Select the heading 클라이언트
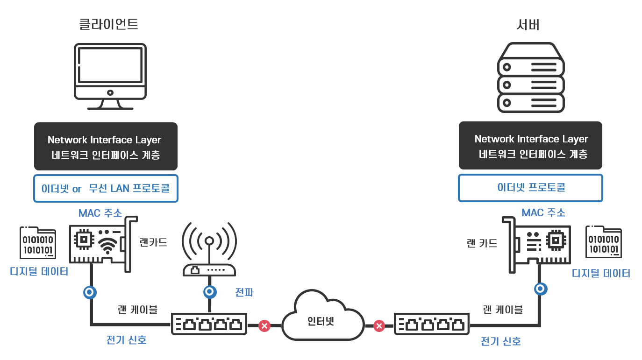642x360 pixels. click(x=108, y=24)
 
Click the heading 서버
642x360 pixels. click(x=528, y=25)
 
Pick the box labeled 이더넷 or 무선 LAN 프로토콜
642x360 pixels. click(x=106, y=189)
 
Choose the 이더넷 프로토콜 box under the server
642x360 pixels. click(x=530, y=188)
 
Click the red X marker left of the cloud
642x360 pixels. click(x=264, y=325)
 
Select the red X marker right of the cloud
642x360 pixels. click(x=379, y=325)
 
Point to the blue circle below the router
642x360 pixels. click(x=209, y=292)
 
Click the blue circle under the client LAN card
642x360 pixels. click(x=90, y=293)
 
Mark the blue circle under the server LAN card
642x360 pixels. click(x=541, y=289)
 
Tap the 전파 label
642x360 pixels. click(x=245, y=293)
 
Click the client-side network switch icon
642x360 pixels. click(x=209, y=324)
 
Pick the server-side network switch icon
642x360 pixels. click(x=432, y=324)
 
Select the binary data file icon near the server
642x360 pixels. click(x=603, y=242)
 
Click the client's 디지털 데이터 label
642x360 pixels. click(x=39, y=271)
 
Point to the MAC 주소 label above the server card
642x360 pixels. click(x=543, y=213)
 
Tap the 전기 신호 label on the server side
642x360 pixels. click(x=500, y=341)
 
